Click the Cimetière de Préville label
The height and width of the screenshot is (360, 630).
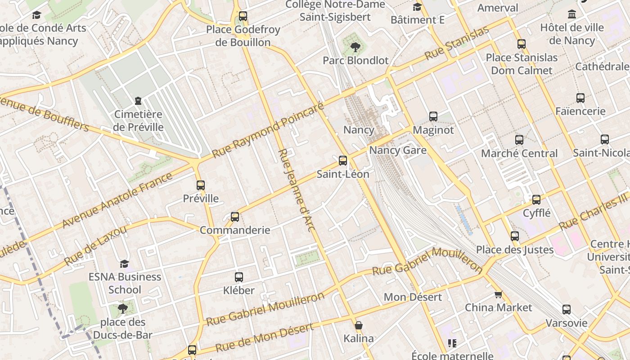tap(138, 121)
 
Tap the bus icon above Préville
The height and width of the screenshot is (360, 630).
tap(201, 185)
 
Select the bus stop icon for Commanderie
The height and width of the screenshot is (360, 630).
tap(235, 217)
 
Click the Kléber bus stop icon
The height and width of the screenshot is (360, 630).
tap(239, 277)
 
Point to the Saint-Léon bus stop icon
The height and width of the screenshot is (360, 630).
tap(343, 161)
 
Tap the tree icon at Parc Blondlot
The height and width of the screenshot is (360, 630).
tap(355, 47)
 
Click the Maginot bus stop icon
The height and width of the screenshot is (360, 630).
tap(433, 117)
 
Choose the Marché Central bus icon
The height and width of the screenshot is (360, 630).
tap(519, 140)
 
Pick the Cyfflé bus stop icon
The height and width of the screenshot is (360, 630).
tap(536, 200)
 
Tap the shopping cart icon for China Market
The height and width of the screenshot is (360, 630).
tap(498, 295)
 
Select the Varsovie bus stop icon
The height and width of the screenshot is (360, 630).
tap(567, 310)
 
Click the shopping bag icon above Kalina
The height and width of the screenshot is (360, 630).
tap(359, 325)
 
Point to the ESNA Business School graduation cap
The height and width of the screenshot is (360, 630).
tap(125, 264)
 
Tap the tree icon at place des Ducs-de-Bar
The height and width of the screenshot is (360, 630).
tap(122, 309)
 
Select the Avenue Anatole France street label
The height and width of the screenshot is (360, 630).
tap(117, 200)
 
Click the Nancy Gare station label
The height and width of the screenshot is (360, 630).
tap(398, 150)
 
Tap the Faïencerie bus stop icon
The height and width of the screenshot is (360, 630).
tap(580, 98)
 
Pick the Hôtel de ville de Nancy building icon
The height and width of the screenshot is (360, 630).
tap(572, 14)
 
